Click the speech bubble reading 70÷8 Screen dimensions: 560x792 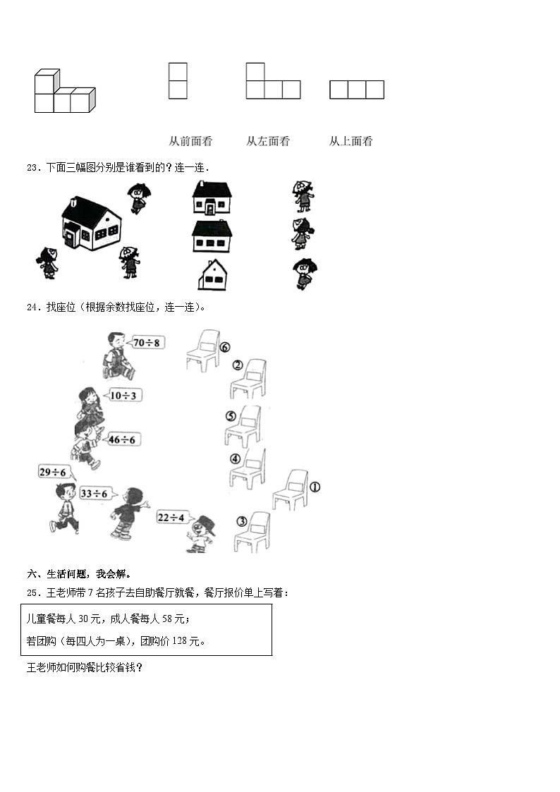click(147, 343)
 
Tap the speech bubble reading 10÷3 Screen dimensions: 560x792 click(125, 395)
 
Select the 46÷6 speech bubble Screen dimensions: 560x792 click(123, 439)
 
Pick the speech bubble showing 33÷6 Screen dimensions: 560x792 click(95, 493)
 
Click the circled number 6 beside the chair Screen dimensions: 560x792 click(225, 347)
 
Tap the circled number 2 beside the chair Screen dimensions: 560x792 click(238, 365)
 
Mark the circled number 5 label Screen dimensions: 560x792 click(231, 416)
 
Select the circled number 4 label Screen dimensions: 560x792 click(236, 459)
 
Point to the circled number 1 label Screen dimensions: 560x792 click(315, 487)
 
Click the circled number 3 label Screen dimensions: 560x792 click(242, 521)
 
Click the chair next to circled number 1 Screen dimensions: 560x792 click(291, 489)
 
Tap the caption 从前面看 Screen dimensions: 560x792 click(190, 141)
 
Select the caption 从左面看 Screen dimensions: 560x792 click(268, 141)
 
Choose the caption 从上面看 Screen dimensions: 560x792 click(351, 141)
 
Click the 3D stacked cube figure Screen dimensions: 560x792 click(63, 92)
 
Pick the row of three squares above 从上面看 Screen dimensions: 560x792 click(357, 90)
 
